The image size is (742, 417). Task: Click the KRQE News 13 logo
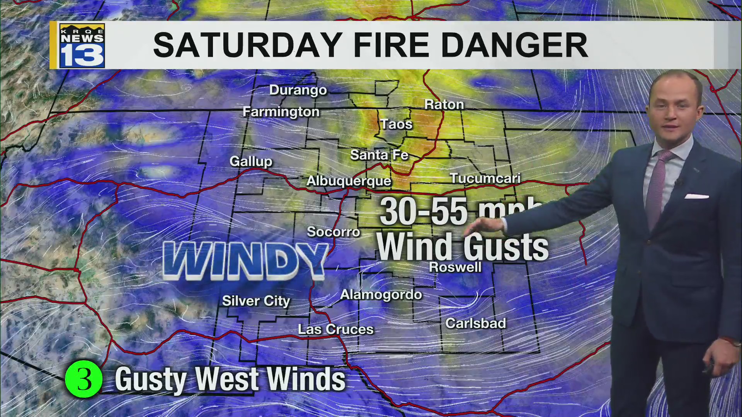pyautogui.click(x=82, y=46)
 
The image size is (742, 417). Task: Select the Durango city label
pyautogui.click(x=298, y=90)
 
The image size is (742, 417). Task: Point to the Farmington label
pyautogui.click(x=281, y=112)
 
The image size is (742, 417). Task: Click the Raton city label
pyautogui.click(x=444, y=105)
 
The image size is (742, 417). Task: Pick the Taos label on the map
pyautogui.click(x=396, y=124)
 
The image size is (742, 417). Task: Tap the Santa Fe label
pyautogui.click(x=379, y=155)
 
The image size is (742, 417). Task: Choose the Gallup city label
pyautogui.click(x=251, y=161)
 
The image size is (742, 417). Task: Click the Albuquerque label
pyautogui.click(x=349, y=181)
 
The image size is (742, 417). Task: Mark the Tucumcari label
pyautogui.click(x=485, y=178)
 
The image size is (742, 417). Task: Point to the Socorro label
pyautogui.click(x=333, y=232)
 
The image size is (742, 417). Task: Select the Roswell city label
pyautogui.click(x=455, y=267)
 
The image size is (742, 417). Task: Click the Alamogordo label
pyautogui.click(x=381, y=295)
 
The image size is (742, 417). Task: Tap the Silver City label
pyautogui.click(x=256, y=301)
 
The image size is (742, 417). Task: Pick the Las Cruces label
pyautogui.click(x=336, y=329)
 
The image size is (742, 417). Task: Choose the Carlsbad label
pyautogui.click(x=475, y=324)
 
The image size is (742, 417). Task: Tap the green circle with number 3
pyautogui.click(x=83, y=379)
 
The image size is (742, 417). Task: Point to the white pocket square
pyautogui.click(x=696, y=197)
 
